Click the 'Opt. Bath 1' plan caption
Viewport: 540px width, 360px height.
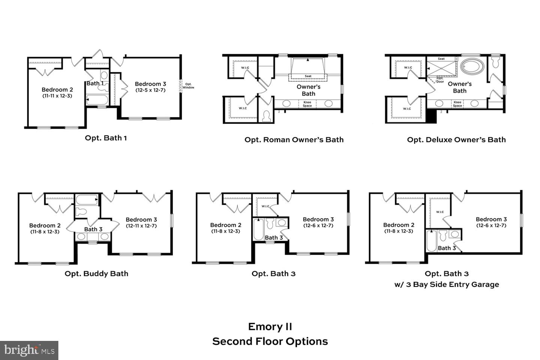coord(106,138)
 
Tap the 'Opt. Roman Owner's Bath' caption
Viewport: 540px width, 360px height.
coord(294,140)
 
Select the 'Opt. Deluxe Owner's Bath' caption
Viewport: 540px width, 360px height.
coord(456,140)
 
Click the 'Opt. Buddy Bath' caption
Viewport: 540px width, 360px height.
coord(96,274)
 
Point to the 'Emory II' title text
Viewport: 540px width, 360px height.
coord(270,327)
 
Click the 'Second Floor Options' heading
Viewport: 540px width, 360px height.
coord(270,342)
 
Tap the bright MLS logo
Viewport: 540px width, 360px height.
coord(29,350)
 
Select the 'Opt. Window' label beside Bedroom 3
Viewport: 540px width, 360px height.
coord(188,86)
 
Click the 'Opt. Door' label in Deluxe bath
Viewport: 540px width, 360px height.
coord(440,80)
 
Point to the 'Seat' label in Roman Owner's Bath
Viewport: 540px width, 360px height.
coord(308,76)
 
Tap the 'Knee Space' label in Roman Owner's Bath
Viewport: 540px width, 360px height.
coord(307,104)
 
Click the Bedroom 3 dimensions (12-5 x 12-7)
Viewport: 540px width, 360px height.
coord(150,90)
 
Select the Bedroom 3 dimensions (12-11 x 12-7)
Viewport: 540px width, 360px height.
coord(141,226)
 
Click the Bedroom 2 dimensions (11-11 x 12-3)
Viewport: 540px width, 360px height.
coord(57,96)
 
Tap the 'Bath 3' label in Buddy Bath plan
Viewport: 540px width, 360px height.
coord(93,229)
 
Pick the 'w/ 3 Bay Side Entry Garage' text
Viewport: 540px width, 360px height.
coord(447,285)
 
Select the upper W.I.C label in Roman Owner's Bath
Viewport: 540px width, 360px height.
coord(245,68)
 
